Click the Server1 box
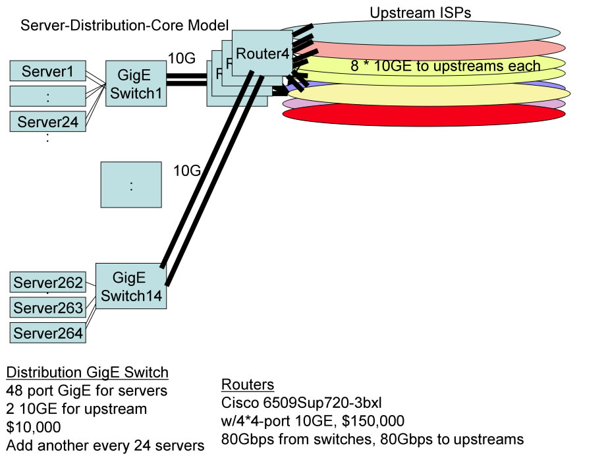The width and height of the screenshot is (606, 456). [47, 71]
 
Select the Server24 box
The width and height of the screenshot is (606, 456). [47, 121]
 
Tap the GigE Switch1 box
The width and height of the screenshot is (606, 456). [135, 84]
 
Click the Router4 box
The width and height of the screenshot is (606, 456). [262, 53]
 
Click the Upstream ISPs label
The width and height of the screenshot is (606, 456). [420, 13]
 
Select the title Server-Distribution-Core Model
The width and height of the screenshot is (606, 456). [124, 26]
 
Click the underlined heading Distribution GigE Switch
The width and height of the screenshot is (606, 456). [87, 373]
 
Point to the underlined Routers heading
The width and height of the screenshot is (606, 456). [248, 385]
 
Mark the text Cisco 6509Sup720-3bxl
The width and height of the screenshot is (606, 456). [307, 403]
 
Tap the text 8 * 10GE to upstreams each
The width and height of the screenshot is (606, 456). [445, 66]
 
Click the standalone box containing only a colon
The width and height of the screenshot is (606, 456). [131, 185]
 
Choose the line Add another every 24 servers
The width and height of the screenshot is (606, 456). [105, 445]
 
